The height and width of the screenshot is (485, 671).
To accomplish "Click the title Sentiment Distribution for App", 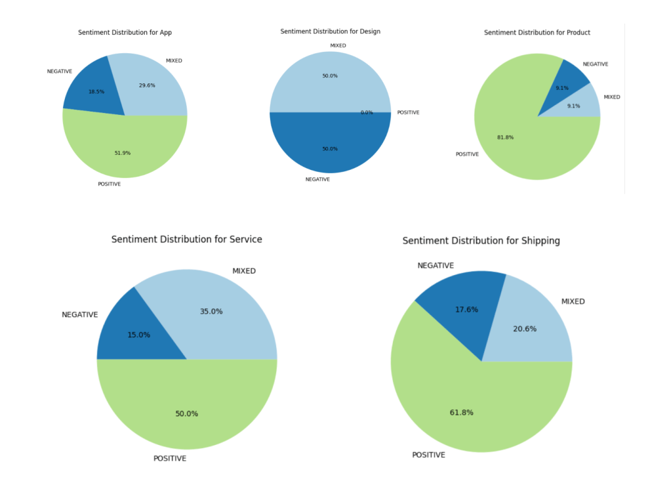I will (125, 32).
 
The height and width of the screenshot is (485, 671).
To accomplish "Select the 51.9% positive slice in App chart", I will (125, 148).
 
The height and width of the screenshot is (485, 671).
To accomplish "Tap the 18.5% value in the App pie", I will (96, 91).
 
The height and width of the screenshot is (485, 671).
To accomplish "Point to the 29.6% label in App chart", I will (147, 85).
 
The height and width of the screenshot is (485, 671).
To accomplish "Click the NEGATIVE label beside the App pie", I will (60, 72).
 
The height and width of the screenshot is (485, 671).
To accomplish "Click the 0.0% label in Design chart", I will (367, 112).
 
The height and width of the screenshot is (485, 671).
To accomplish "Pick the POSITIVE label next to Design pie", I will (408, 112).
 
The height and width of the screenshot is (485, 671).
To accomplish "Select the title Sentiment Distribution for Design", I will (330, 32).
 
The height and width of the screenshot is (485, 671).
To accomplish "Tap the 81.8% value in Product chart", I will (506, 137).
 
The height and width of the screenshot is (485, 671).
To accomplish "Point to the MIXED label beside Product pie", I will (611, 97).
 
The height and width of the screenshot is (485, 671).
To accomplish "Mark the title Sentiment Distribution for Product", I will (537, 32).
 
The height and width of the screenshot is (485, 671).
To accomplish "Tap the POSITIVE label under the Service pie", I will (170, 458).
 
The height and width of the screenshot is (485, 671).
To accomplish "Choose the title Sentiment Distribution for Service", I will (187, 240).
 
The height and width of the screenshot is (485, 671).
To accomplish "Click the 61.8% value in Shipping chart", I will (461, 412).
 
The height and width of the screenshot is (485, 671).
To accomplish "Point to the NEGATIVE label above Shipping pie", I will (436, 265).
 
